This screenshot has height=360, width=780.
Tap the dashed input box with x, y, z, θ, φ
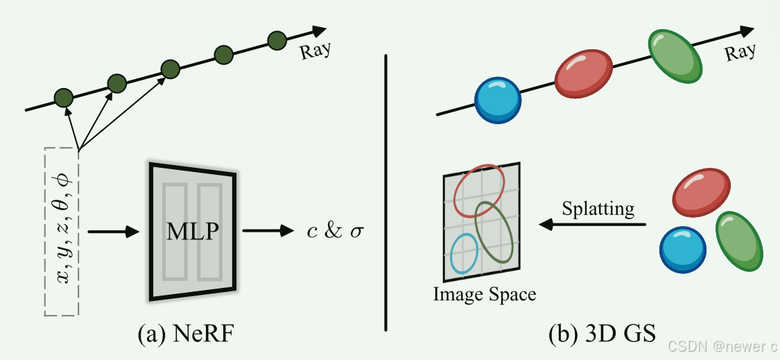tap(62, 232)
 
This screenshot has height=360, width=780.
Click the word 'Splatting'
tap(598, 208)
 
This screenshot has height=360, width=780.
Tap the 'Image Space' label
tap(485, 294)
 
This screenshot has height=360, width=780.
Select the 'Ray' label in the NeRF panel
tap(315, 50)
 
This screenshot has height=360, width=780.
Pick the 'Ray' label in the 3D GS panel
tap(740, 52)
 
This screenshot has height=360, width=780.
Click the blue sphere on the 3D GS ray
tap(498, 100)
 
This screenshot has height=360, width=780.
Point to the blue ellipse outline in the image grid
tap(464, 252)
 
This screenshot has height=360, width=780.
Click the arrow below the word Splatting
tap(593, 224)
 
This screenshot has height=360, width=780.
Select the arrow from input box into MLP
tap(111, 232)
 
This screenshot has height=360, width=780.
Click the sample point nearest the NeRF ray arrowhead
tap(277, 40)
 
